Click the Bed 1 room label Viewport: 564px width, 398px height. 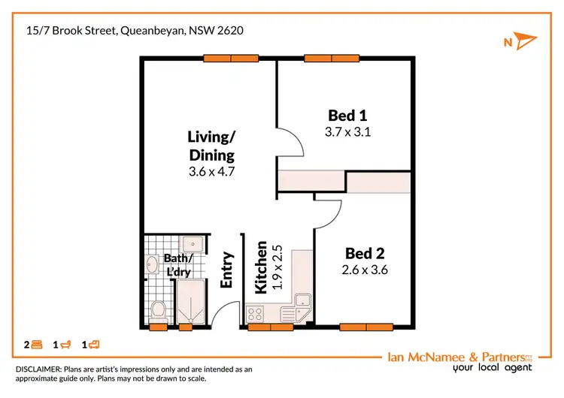pyautogui.click(x=347, y=116)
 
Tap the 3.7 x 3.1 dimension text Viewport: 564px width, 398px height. pyautogui.click(x=347, y=132)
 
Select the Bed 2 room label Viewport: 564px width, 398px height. pyautogui.click(x=364, y=253)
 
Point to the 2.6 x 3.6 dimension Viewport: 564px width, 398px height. pyautogui.click(x=364, y=270)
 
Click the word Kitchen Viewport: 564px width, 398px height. pyautogui.click(x=261, y=267)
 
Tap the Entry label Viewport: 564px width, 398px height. pyautogui.click(x=227, y=270)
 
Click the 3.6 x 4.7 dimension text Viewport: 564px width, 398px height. pyautogui.click(x=211, y=171)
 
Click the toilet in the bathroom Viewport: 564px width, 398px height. pyautogui.click(x=158, y=309)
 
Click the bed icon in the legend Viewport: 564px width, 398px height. pyautogui.click(x=37, y=345)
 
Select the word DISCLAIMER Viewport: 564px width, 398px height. pyautogui.click(x=39, y=369)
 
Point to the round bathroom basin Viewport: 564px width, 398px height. pyautogui.click(x=151, y=264)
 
